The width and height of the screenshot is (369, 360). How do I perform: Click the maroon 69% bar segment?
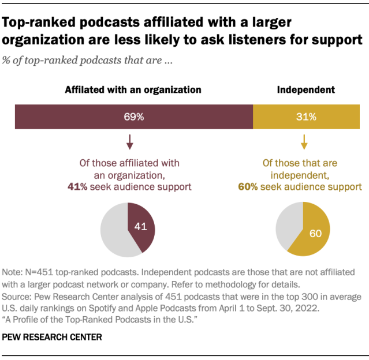tap(133, 117)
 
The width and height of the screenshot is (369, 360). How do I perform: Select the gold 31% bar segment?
tap(306, 117)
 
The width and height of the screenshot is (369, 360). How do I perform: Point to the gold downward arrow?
tap(303, 142)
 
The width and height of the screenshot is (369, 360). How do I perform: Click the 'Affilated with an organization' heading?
tap(133, 90)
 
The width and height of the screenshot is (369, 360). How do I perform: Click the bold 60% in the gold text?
tap(248, 186)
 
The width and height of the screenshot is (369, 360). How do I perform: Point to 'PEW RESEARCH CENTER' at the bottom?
tap(53, 336)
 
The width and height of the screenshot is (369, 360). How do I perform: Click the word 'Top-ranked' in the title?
tap(38, 22)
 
